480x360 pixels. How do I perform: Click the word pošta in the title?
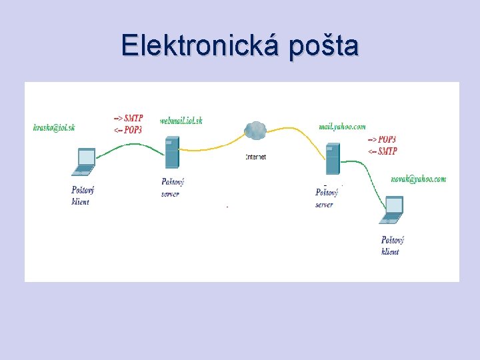324,45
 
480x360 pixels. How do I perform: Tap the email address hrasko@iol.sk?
54,127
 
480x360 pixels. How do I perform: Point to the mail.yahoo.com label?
342,126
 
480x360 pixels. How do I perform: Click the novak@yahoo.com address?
419,179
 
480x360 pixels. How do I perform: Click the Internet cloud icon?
255,130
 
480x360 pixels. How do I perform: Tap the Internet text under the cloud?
255,157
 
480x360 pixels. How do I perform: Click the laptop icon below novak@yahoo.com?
391,210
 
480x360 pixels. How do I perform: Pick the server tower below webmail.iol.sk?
172,153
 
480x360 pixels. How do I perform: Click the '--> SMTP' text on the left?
128,119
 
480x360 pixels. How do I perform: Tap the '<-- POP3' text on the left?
128,129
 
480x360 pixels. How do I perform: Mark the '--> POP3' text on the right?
382,139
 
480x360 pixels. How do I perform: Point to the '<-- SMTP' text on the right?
382,151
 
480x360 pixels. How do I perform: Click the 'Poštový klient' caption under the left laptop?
83,196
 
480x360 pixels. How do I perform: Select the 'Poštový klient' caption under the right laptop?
392,245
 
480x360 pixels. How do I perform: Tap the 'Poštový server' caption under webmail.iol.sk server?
172,187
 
